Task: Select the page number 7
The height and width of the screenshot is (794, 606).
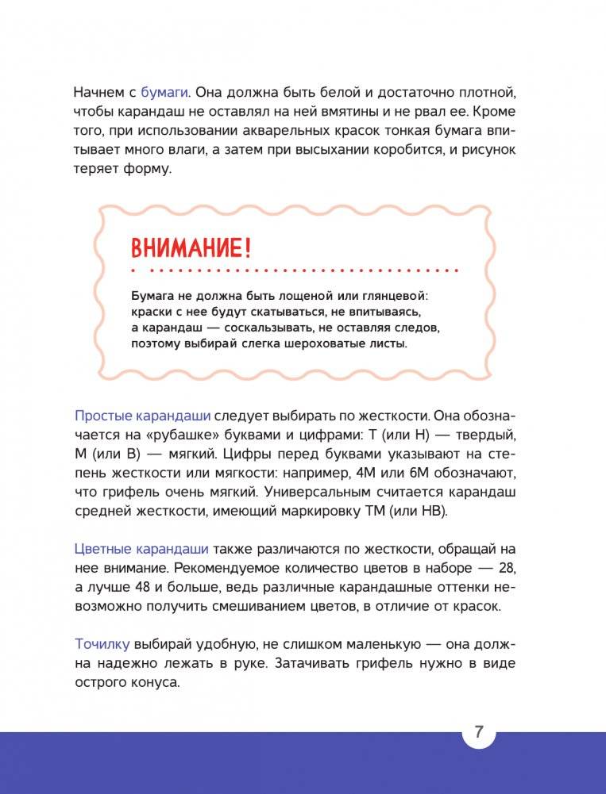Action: (x=479, y=732)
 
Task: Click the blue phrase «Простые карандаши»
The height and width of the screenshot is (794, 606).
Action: (x=142, y=415)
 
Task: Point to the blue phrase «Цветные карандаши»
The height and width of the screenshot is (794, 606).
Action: (x=142, y=549)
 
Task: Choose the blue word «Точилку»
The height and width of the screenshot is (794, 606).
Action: (x=102, y=644)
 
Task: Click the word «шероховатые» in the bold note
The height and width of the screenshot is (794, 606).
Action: (x=328, y=343)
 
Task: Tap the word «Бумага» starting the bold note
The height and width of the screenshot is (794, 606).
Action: (x=152, y=295)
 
